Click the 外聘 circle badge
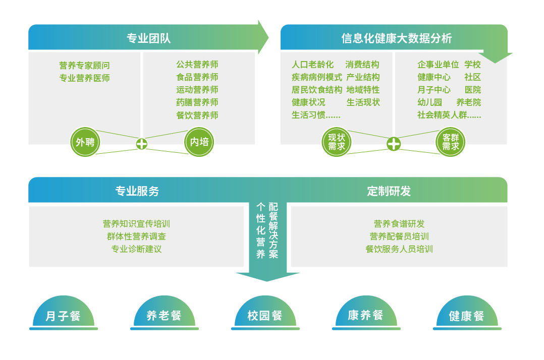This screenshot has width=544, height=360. click(85, 142)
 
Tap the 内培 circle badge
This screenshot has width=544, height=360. click(199, 142)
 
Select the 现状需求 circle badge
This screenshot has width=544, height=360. click(337, 142)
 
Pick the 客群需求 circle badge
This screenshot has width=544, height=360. click(450, 142)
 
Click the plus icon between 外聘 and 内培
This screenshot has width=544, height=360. click(142, 144)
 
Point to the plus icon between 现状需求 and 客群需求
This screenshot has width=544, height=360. click(394, 144)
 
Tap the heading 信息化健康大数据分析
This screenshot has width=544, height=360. click(396, 38)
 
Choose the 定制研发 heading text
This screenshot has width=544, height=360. click(389, 191)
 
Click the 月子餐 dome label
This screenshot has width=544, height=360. click(63, 316)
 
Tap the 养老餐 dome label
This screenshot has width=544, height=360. click(164, 316)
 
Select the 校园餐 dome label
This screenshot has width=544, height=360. click(265, 316)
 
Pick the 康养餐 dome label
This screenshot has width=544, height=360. click(366, 316)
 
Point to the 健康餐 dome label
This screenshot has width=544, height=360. click(467, 316)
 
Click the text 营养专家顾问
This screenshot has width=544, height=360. click(84, 66)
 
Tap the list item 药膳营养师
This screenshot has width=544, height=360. click(197, 102)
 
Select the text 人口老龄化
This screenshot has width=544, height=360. click(312, 65)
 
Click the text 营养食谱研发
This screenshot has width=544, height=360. click(399, 224)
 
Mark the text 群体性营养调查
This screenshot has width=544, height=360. click(136, 236)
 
